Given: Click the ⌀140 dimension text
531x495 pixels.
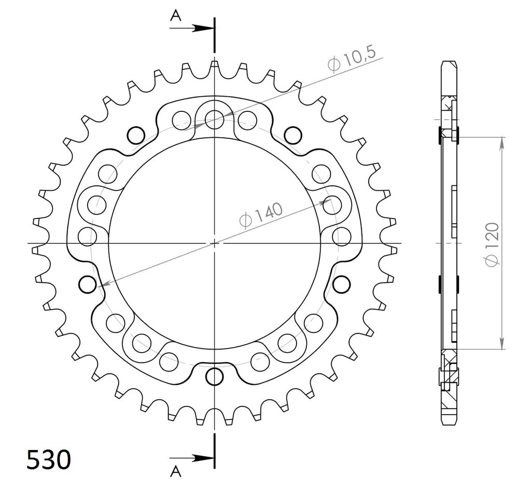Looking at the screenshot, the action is [x=261, y=215].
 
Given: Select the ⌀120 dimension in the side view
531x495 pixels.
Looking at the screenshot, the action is [x=492, y=244].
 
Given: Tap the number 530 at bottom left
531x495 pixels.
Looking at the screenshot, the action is [x=49, y=460].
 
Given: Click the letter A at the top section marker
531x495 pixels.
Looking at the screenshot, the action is [x=175, y=15].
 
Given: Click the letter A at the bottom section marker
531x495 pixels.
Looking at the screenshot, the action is [x=175, y=471].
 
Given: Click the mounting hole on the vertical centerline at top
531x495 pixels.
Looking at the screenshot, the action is [x=214, y=119].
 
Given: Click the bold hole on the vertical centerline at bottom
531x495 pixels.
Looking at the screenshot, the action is [x=215, y=376].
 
